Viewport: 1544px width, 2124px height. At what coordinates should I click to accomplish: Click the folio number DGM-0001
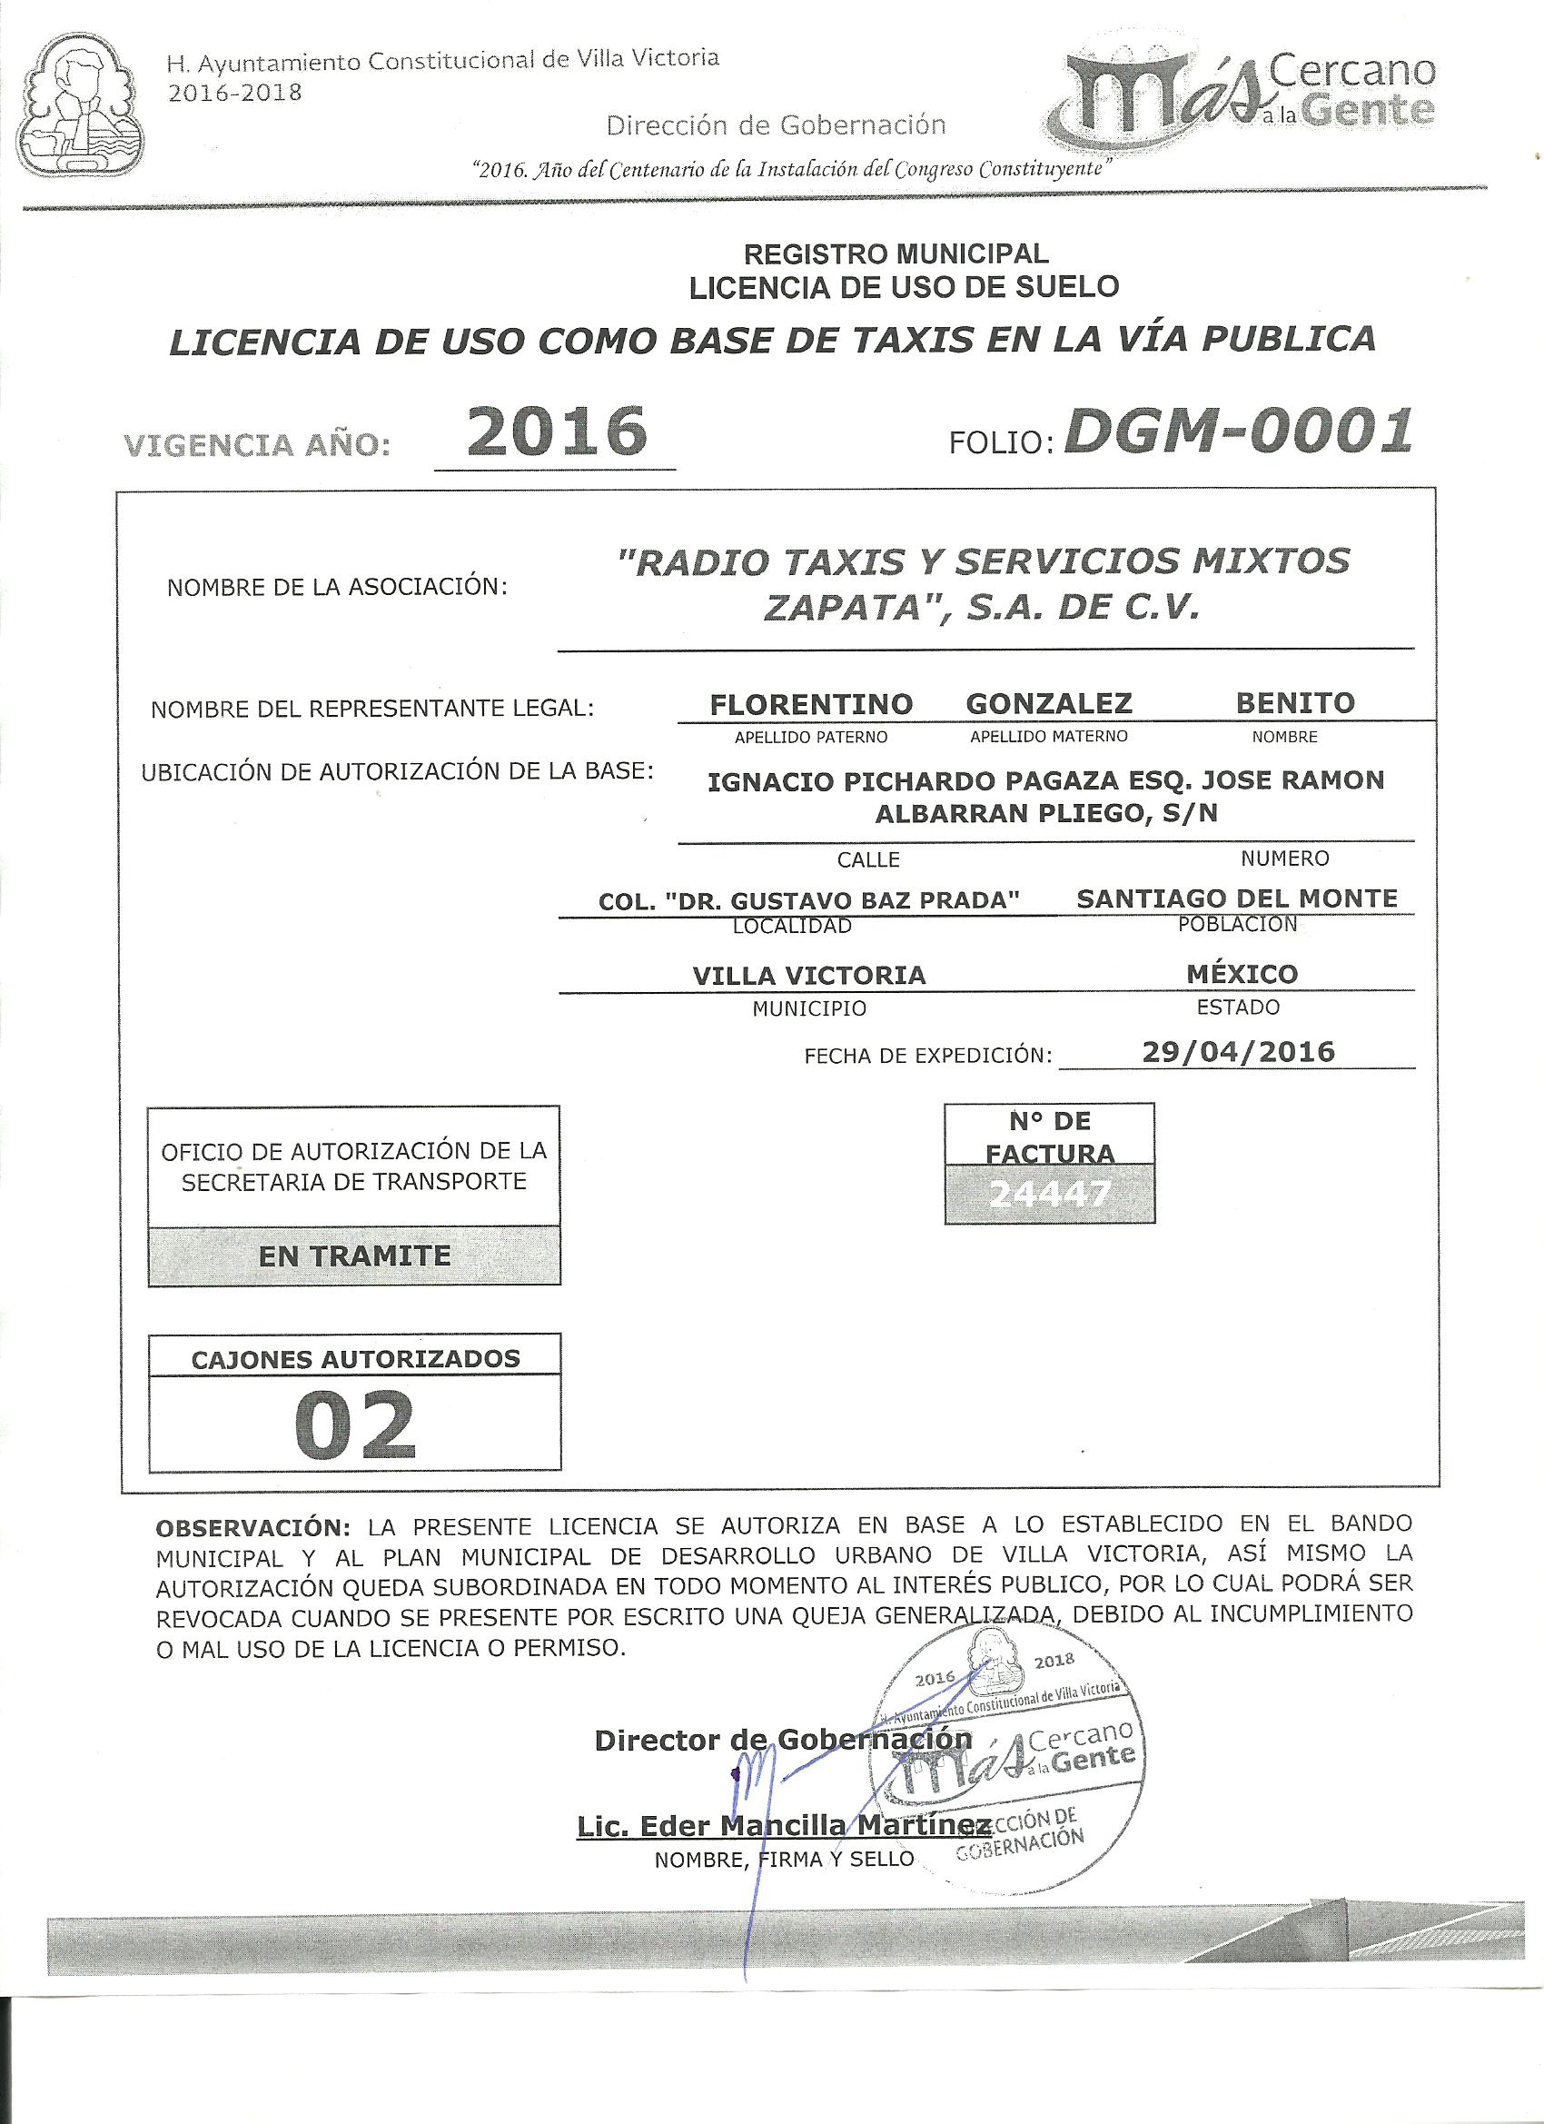1238,432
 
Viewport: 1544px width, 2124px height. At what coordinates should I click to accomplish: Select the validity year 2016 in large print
556,432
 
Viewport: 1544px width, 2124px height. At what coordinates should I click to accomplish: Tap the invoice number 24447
1049,1193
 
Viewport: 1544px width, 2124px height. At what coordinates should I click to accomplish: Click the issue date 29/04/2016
1238,1051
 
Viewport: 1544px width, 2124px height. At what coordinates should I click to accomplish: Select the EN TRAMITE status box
354,1255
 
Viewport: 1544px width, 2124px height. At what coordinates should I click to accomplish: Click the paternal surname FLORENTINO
811,703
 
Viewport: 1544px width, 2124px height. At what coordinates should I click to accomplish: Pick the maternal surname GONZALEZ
1049,703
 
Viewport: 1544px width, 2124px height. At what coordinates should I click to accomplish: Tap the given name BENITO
1295,703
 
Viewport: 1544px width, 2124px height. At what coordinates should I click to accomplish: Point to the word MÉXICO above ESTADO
1242,974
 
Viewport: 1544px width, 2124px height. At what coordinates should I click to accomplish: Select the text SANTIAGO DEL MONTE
1237,899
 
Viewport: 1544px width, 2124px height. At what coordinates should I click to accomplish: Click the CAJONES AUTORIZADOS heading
355,1359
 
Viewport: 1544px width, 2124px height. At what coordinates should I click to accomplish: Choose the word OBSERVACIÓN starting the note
252,1527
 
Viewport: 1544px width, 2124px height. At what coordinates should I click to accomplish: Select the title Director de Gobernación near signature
783,1739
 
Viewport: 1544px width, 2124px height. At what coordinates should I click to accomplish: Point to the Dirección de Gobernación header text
777,124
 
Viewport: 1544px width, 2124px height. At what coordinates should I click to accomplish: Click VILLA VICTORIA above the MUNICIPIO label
809,976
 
